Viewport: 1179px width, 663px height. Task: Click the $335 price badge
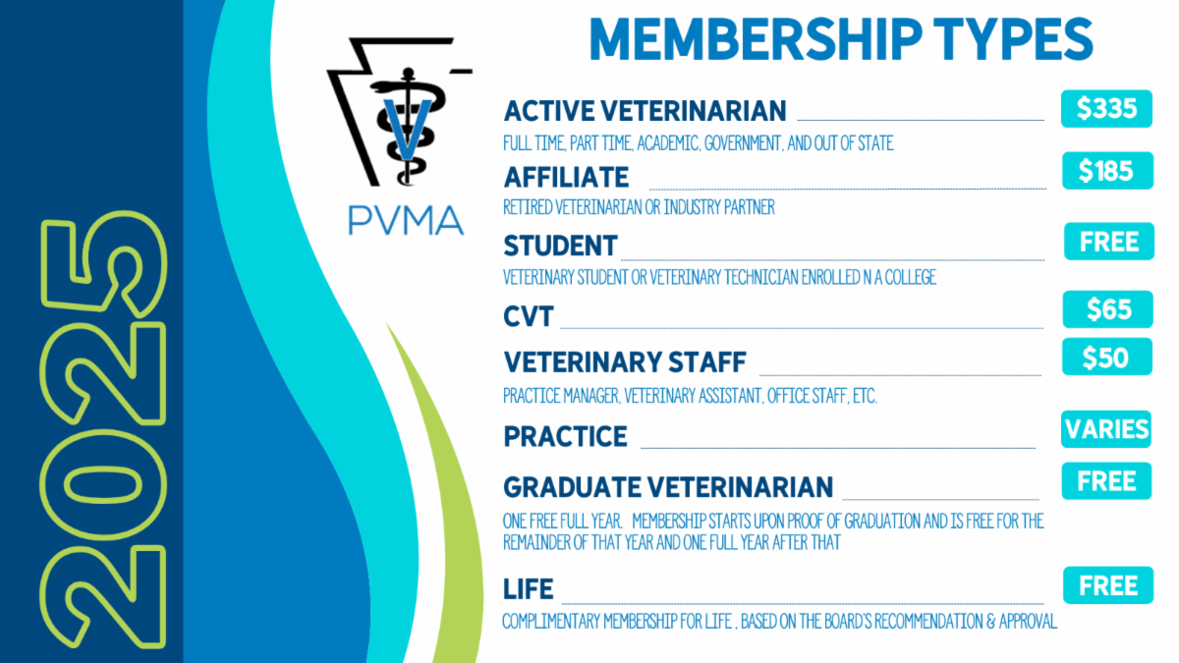tap(1105, 109)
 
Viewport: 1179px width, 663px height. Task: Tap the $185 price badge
tap(1105, 171)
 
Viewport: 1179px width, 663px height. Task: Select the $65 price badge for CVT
tap(1107, 310)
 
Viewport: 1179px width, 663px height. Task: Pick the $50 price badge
tap(1105, 358)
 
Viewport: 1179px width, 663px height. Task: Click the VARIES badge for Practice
tap(1105, 429)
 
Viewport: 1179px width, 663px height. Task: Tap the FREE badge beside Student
tap(1108, 242)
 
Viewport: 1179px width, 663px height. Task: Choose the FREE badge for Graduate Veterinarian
tap(1106, 481)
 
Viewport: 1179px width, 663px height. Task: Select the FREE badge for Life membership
tap(1107, 586)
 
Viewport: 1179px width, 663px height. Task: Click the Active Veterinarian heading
tap(645, 110)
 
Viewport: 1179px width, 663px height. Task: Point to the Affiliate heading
tap(566, 177)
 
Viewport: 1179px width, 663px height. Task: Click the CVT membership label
tap(529, 315)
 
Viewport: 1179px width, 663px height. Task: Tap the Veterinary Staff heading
tap(625, 362)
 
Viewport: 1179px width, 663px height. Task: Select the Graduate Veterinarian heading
tap(668, 486)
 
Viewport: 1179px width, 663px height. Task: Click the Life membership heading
tap(529, 588)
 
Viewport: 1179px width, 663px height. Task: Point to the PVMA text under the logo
tap(406, 219)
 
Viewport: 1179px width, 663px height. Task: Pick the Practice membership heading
tap(565, 435)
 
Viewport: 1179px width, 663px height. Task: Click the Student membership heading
tap(560, 245)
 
